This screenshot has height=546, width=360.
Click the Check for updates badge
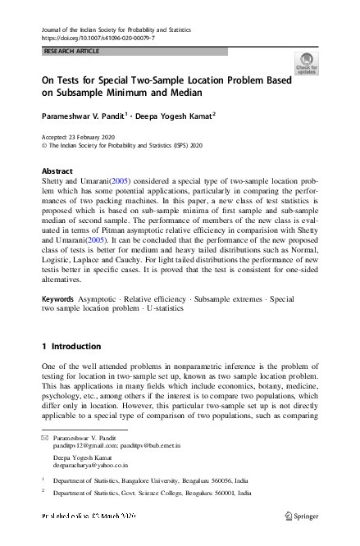(x=306, y=63)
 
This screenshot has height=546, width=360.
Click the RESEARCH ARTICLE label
(x=71, y=51)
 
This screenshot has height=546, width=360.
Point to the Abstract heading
(x=57, y=171)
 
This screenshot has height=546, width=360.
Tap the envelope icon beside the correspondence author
(x=45, y=439)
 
